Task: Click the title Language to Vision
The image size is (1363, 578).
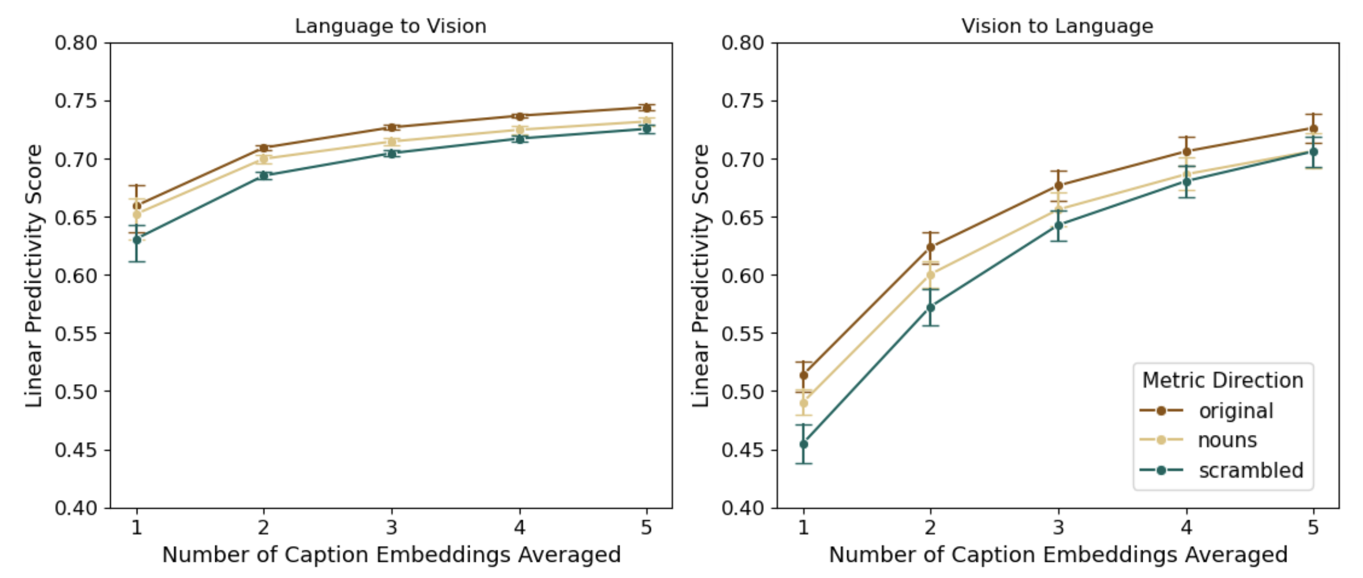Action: click(x=391, y=27)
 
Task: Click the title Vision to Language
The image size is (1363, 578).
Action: click(x=1057, y=27)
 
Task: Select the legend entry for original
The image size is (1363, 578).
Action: click(x=1235, y=411)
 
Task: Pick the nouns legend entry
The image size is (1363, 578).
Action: click(x=1227, y=440)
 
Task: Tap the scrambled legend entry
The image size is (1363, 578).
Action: click(x=1250, y=470)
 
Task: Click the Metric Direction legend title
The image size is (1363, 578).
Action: click(x=1222, y=380)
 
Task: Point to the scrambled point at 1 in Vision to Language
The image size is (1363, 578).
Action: click(x=803, y=444)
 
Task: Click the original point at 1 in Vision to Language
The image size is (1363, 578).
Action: click(x=803, y=376)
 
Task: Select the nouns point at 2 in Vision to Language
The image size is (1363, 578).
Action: click(x=930, y=275)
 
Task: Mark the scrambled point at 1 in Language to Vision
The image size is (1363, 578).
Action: click(x=137, y=240)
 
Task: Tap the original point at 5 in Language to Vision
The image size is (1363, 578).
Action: click(x=647, y=108)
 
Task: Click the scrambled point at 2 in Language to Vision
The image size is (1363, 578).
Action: click(x=264, y=175)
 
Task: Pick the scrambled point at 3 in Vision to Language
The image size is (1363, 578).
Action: click(x=1058, y=226)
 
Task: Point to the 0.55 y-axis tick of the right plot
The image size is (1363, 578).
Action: click(x=744, y=333)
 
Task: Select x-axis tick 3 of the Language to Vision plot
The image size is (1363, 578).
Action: click(x=392, y=527)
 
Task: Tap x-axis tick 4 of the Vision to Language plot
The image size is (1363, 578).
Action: click(x=1186, y=527)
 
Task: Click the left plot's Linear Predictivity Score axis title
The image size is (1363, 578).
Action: click(x=34, y=276)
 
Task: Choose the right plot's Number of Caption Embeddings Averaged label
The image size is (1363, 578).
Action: click(x=1058, y=555)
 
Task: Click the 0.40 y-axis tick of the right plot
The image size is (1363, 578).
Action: click(x=744, y=508)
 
